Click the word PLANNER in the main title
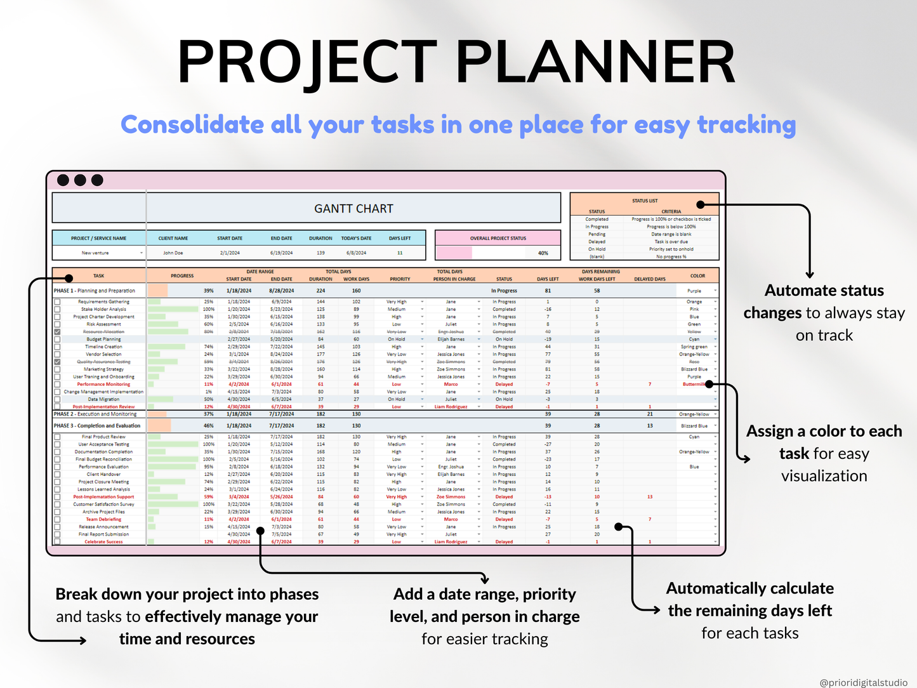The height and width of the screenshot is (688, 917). (x=595, y=62)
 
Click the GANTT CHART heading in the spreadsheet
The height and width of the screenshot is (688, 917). (x=353, y=209)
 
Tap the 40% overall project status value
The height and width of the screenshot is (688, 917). (x=543, y=253)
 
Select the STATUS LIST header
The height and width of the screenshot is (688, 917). (x=644, y=201)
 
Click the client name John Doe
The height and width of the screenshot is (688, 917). (x=173, y=253)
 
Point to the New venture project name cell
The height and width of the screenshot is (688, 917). (x=95, y=253)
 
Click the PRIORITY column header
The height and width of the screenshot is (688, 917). (x=400, y=279)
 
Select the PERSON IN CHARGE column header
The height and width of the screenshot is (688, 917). (x=454, y=279)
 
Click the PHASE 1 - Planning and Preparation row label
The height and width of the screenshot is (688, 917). (x=95, y=291)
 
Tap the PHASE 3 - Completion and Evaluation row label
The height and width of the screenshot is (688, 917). (x=97, y=426)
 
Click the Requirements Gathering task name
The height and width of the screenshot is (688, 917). (x=103, y=302)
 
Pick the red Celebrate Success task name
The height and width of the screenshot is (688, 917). (x=103, y=542)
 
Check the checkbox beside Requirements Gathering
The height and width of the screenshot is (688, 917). (x=58, y=302)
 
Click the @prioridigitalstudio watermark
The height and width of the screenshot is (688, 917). (x=863, y=682)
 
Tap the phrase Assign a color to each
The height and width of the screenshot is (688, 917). (x=824, y=432)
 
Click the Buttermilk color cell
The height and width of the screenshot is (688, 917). (x=694, y=384)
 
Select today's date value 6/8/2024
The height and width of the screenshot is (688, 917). (x=356, y=253)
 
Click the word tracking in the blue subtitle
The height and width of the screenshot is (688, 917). (x=746, y=125)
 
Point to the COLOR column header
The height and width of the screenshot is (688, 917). (x=697, y=276)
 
